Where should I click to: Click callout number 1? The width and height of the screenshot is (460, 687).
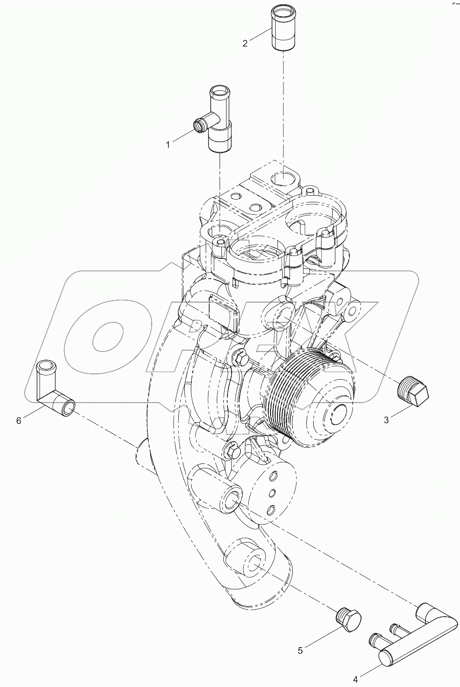pyautogui.click(x=168, y=145)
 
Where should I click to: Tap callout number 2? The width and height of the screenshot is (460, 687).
pyautogui.click(x=245, y=44)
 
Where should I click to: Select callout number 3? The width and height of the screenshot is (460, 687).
pyautogui.click(x=386, y=420)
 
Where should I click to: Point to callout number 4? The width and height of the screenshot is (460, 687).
pyautogui.click(x=356, y=680)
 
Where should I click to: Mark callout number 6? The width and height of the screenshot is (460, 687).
pyautogui.click(x=19, y=420)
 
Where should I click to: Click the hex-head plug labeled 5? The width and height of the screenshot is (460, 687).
pyautogui.click(x=348, y=619)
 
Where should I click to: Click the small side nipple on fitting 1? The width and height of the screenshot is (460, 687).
pyautogui.click(x=200, y=124)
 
